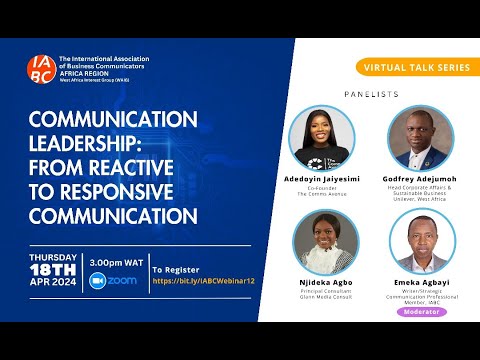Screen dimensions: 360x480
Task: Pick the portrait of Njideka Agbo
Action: (323, 243)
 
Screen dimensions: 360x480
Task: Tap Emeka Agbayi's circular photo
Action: (421, 243)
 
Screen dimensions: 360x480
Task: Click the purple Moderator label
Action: (421, 311)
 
